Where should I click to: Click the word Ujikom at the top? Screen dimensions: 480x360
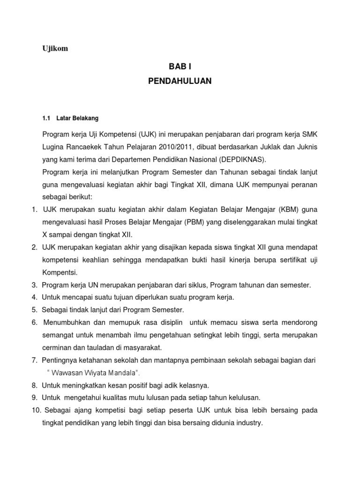[55, 49]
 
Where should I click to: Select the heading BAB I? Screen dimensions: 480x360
[180, 67]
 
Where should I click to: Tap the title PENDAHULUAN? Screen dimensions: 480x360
[180, 81]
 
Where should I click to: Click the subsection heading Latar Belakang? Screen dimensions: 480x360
[77, 118]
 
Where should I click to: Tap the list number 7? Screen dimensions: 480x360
[34, 360]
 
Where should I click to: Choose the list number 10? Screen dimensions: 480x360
[36, 410]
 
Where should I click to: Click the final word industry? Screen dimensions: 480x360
[249, 423]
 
